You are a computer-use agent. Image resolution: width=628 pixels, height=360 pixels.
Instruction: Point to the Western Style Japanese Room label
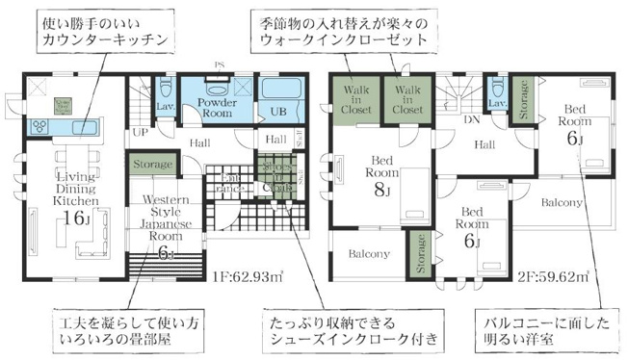[x=165, y=217]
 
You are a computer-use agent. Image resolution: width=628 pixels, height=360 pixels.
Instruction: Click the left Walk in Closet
[x=356, y=97]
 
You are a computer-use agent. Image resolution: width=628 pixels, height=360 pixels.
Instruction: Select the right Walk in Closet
[x=406, y=97]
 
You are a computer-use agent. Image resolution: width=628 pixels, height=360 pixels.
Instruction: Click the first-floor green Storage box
[x=153, y=165]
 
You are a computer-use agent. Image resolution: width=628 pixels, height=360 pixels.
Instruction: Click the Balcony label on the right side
[x=561, y=203]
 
